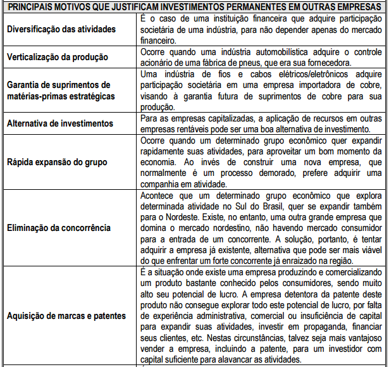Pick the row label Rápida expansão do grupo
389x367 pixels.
(54, 161)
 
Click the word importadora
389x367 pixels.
(300, 84)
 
